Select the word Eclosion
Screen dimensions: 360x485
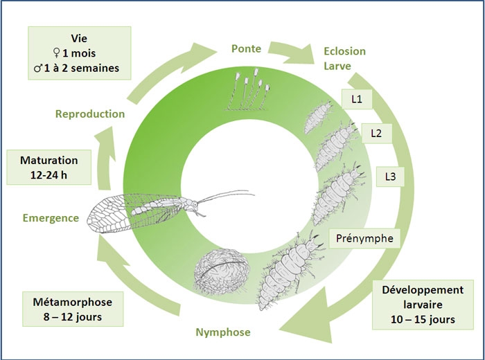point(344,52)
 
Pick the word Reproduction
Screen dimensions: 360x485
point(90,114)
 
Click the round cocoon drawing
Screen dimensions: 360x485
point(220,270)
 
